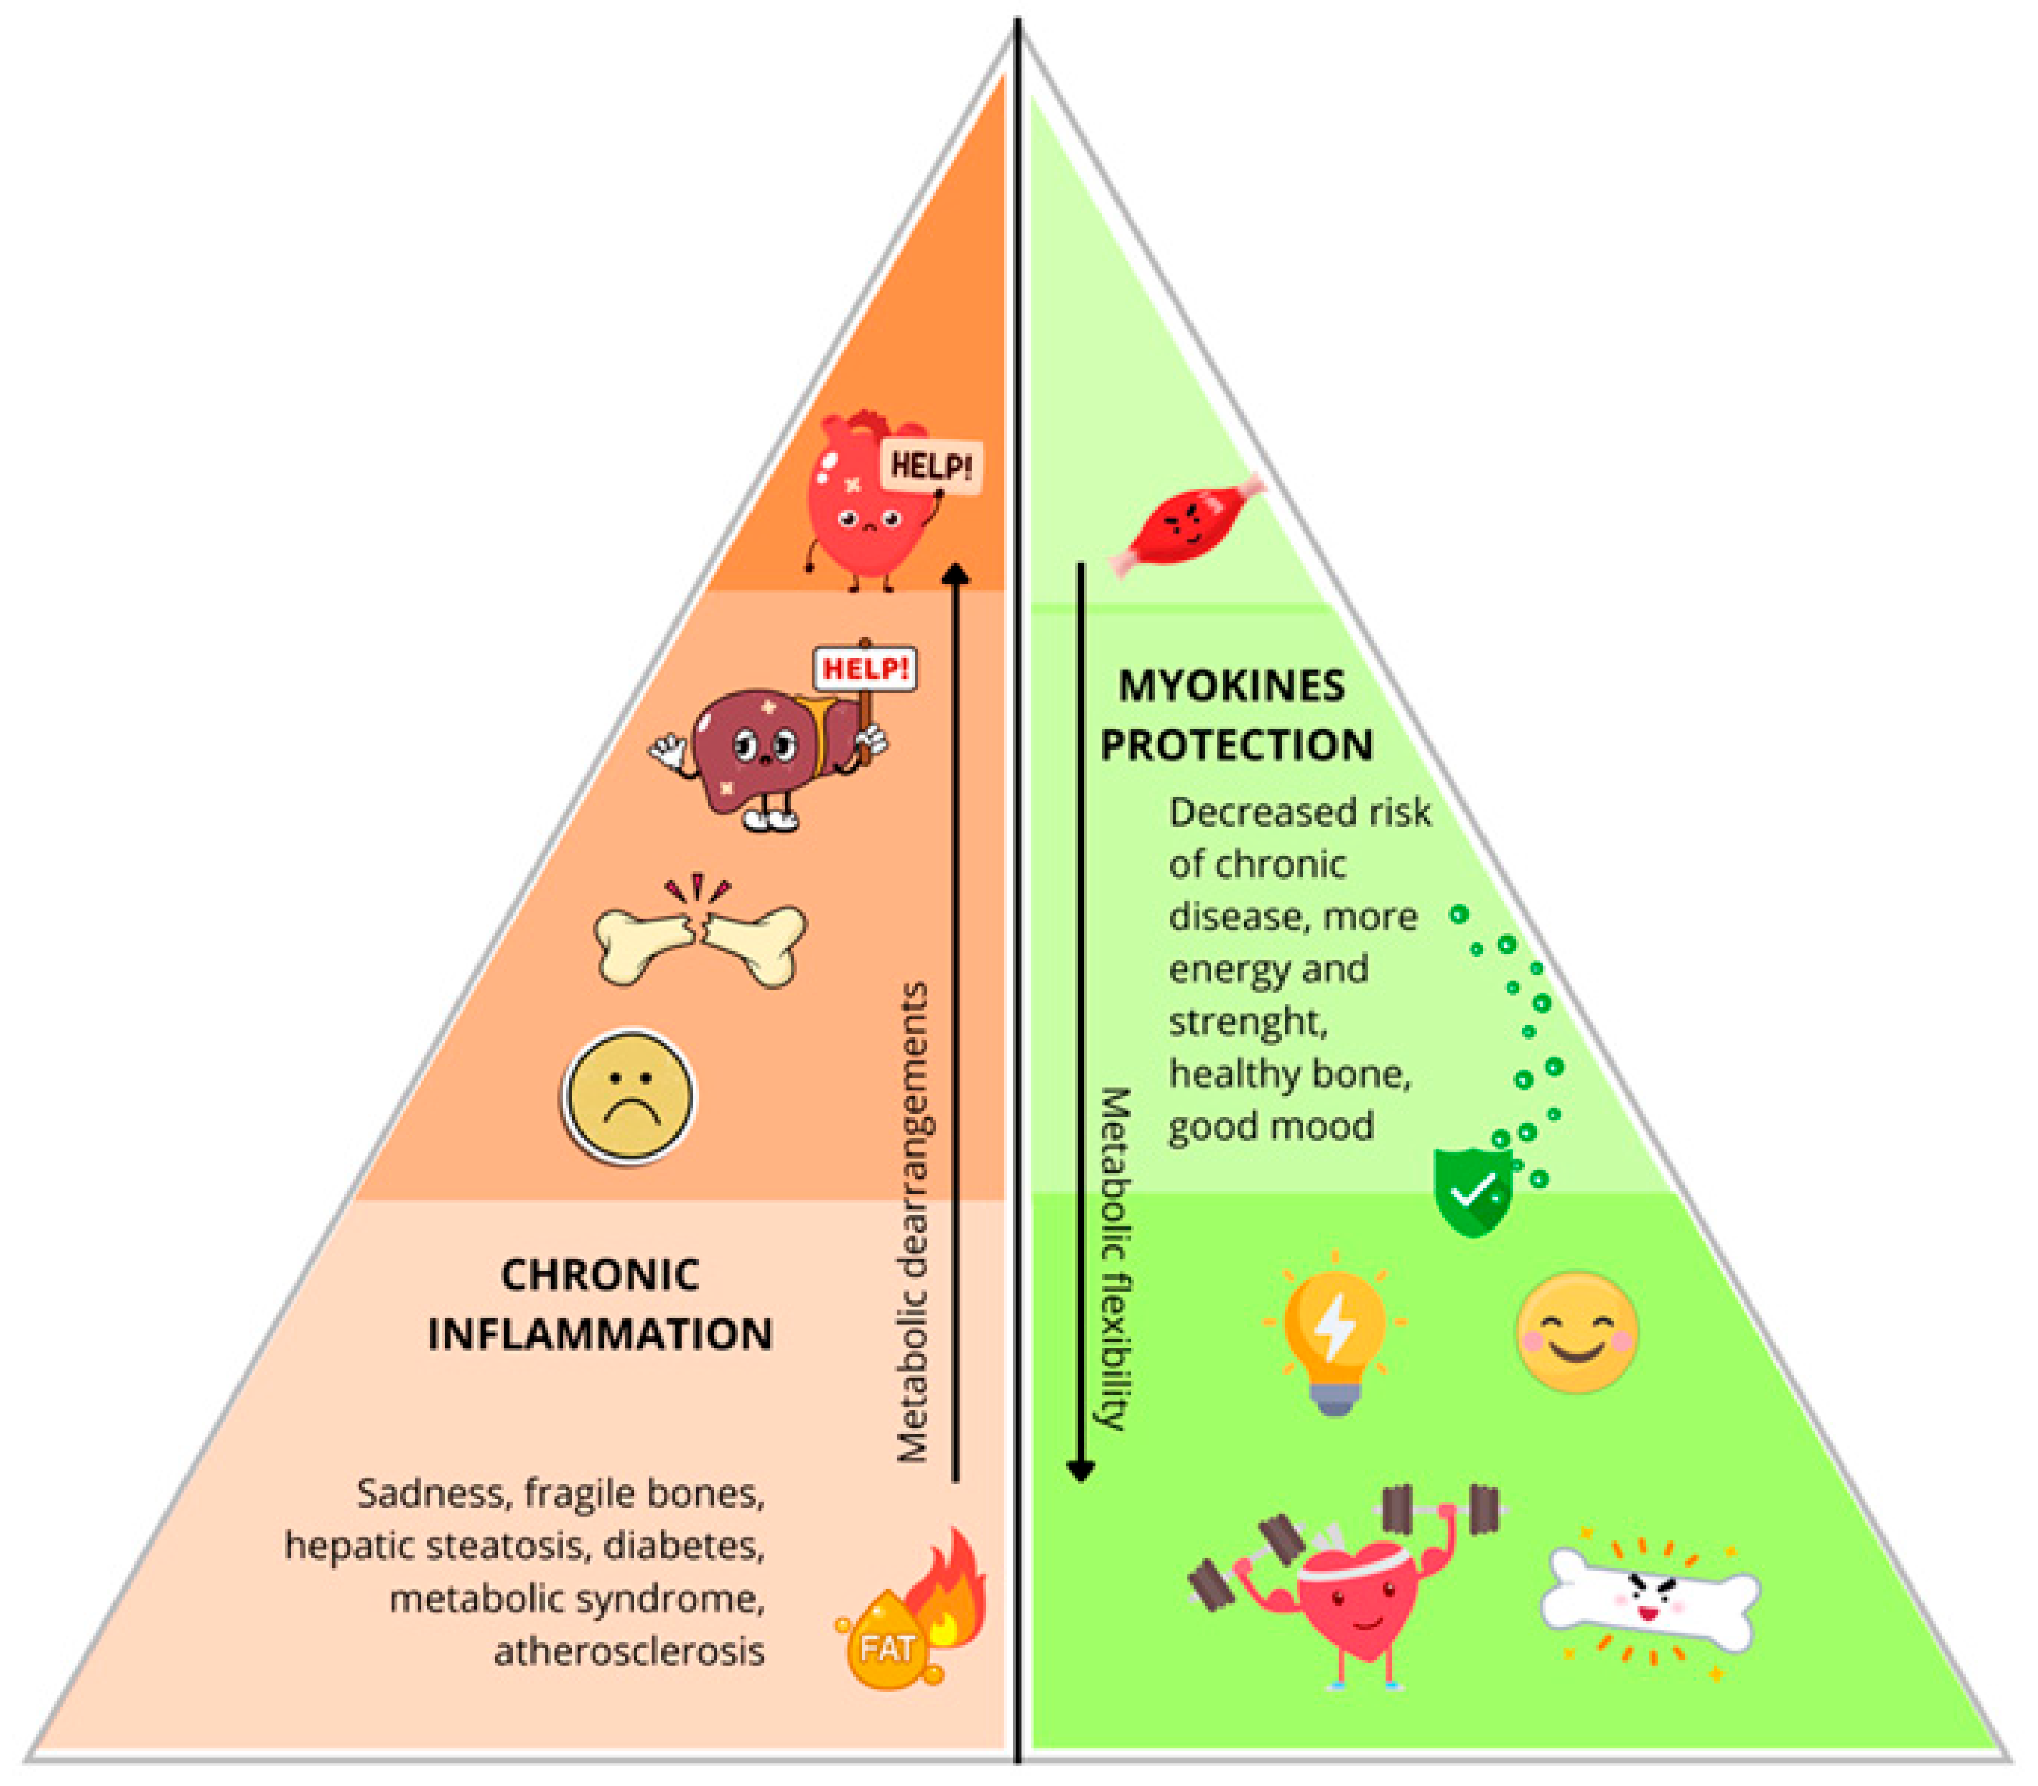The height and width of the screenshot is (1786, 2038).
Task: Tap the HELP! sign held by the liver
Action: pos(864,669)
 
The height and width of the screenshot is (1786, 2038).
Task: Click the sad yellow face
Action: pos(629,1095)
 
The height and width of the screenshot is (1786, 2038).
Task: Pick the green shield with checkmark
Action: pos(1472,1191)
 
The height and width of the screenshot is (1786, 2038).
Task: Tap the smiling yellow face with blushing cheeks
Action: pos(1577,1331)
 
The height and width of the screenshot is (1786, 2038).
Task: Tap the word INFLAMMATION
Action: pos(600,1334)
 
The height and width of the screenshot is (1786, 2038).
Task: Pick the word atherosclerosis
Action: pos(630,1652)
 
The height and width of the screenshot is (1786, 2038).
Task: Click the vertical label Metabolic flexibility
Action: pos(1114,1258)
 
